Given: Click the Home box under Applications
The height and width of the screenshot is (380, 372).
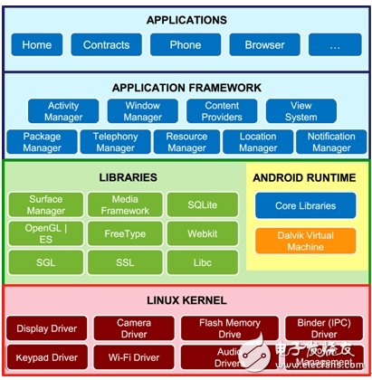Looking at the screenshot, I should pyautogui.click(x=37, y=44).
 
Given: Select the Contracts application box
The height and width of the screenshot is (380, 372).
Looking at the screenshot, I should pyautogui.click(x=107, y=44).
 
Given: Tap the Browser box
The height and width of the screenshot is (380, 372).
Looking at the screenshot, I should pyautogui.click(x=263, y=44).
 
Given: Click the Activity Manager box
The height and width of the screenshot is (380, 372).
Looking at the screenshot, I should pyautogui.click(x=62, y=111).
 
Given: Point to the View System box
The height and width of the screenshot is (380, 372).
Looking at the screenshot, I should pyautogui.click(x=300, y=111).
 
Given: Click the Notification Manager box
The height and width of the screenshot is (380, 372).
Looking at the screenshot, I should pyautogui.click(x=330, y=142).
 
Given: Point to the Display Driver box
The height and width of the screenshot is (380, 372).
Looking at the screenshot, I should pyautogui.click(x=48, y=328).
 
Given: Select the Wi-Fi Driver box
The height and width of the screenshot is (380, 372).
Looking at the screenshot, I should pyautogui.click(x=129, y=356).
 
